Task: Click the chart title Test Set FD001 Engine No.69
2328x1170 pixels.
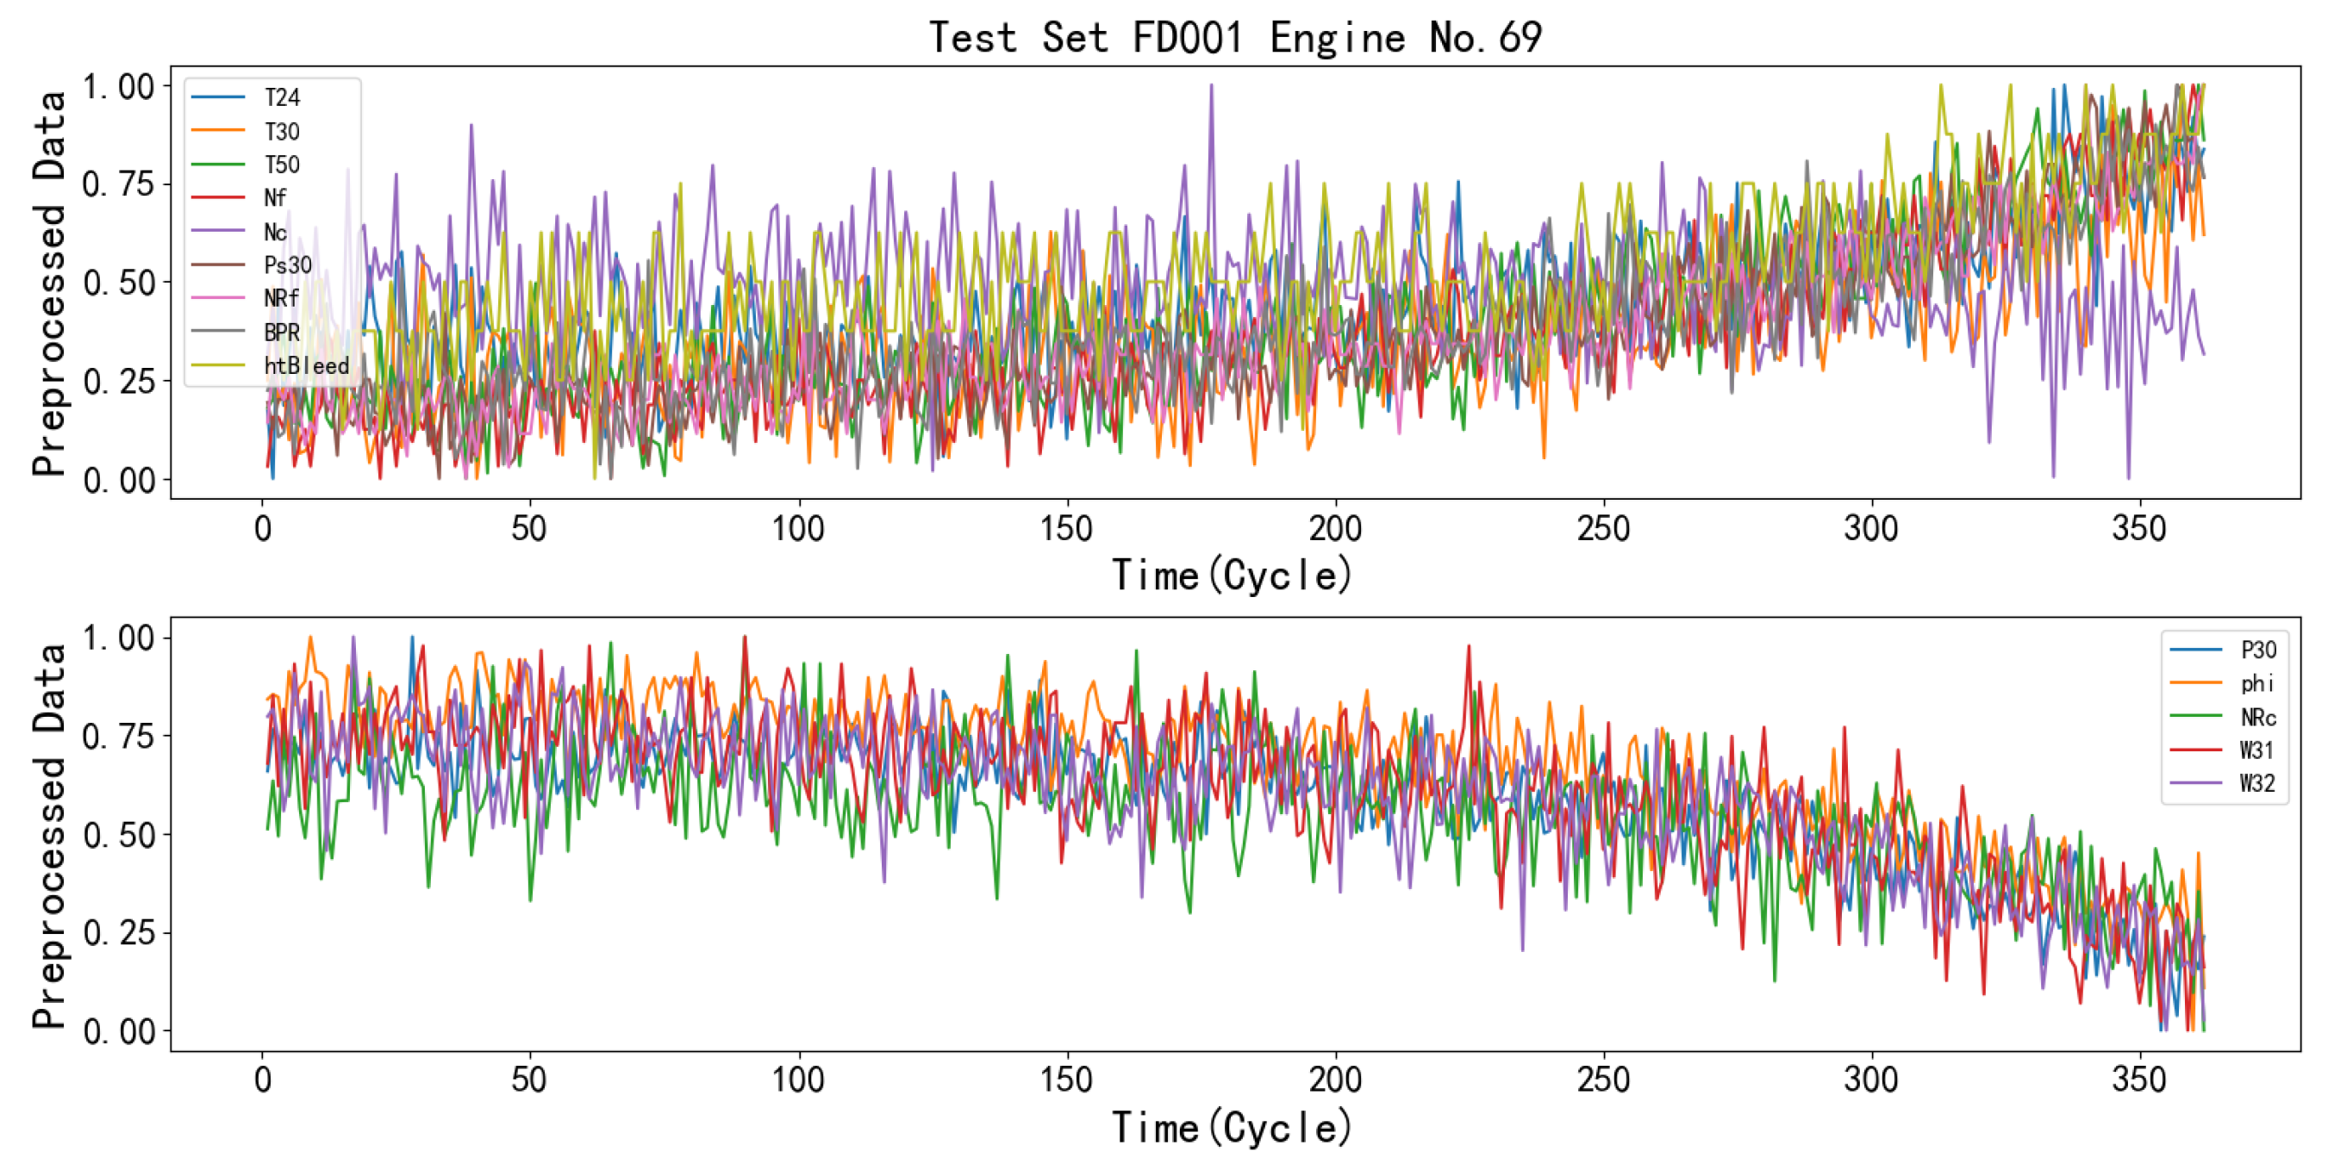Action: click(x=1234, y=38)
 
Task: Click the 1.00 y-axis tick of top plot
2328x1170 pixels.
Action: click(x=118, y=87)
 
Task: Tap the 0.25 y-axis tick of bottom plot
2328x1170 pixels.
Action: click(x=118, y=932)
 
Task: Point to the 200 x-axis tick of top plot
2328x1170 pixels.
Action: click(x=1335, y=528)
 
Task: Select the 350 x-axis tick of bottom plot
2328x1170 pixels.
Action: click(x=2138, y=1080)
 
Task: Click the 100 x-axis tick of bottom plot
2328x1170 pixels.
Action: click(x=798, y=1080)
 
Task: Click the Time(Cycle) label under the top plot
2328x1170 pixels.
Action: click(x=1231, y=576)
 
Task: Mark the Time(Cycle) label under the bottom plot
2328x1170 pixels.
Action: click(x=1231, y=1128)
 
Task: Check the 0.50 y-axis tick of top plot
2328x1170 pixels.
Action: click(x=118, y=283)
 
